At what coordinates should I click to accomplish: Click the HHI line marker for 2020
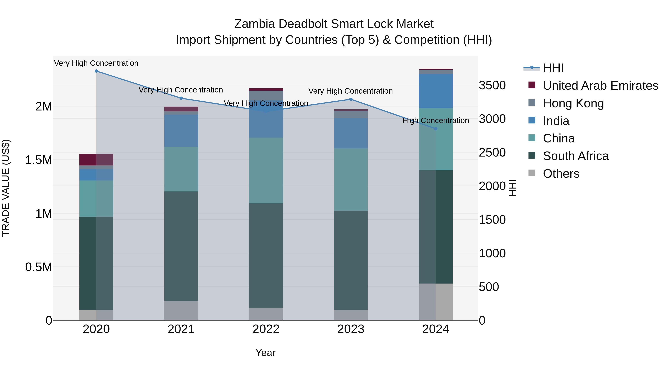click(x=96, y=71)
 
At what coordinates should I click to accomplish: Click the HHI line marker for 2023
click(x=351, y=99)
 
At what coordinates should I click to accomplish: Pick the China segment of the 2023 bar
click(x=351, y=179)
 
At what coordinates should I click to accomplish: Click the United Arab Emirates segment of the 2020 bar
click(x=96, y=159)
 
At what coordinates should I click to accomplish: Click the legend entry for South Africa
click(x=575, y=156)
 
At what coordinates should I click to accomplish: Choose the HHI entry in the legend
click(x=553, y=68)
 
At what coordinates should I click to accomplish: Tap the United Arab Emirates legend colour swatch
click(x=532, y=85)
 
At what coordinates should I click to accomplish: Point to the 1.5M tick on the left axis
click(x=39, y=160)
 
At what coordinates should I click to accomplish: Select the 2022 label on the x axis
click(x=266, y=329)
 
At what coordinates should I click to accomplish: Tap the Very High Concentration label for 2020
click(x=96, y=63)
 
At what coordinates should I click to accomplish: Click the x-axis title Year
click(x=265, y=353)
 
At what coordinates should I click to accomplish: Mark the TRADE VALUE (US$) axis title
click(x=6, y=188)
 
